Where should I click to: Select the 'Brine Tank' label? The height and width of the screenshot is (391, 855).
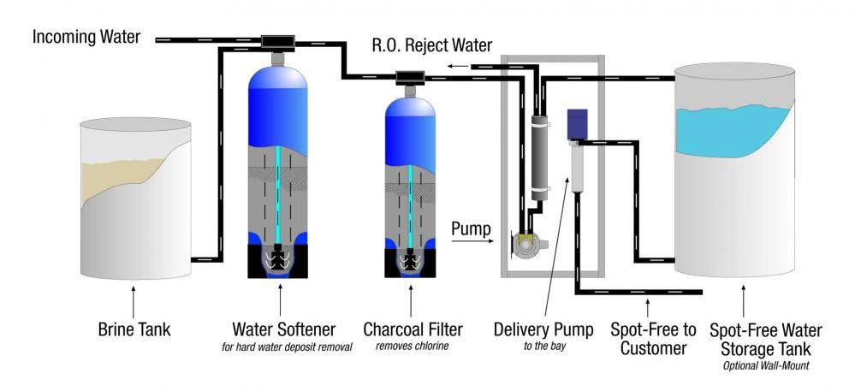tap(134, 329)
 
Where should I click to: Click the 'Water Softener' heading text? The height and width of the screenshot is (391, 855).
tap(283, 329)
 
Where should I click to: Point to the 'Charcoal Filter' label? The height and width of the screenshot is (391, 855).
tap(413, 329)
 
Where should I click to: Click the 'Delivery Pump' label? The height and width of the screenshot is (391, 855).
tap(536, 329)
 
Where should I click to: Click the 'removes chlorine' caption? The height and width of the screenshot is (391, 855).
tap(412, 347)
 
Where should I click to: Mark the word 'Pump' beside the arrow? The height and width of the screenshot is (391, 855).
tap(471, 228)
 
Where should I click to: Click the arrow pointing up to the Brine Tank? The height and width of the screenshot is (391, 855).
tap(134, 299)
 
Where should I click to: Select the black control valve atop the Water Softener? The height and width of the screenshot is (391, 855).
tap(278, 41)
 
